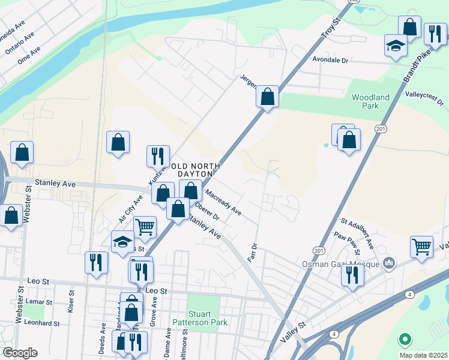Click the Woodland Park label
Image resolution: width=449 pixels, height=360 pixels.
pos(370,101)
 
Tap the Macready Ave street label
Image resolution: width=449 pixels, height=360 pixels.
pos(223,203)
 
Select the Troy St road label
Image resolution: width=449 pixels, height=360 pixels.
pos(330,27)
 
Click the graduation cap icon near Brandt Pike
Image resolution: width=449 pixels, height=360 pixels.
pos(396,46)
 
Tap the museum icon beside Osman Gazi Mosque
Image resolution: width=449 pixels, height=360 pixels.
pos(390,263)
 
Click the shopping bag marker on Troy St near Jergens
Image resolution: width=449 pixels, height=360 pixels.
pos(268,95)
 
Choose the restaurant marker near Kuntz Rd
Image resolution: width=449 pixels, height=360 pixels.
pos(158,155)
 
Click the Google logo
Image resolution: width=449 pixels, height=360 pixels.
pos(19,353)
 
